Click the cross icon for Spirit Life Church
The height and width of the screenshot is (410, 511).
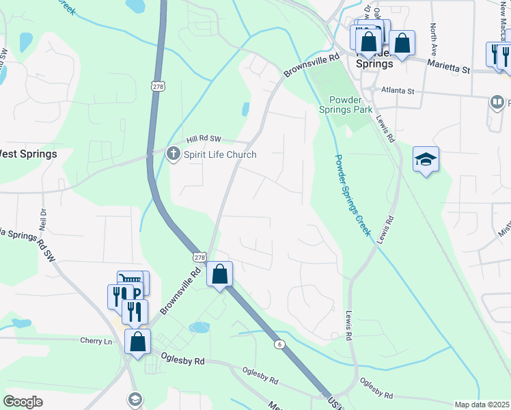click(174, 154)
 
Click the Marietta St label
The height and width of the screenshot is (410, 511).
click(450, 68)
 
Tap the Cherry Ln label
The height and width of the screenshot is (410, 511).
click(96, 341)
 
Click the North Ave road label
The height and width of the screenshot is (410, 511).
click(434, 40)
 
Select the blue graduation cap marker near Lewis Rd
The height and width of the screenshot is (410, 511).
click(426, 159)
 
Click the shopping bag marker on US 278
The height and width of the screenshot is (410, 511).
click(220, 275)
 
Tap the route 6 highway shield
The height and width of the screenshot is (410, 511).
click(279, 343)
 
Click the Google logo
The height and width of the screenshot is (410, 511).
click(23, 402)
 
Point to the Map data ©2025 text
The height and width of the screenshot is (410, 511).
click(482, 405)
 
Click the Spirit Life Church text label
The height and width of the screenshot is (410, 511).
click(220, 154)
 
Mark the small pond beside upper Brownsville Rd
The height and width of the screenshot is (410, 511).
click(245, 109)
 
